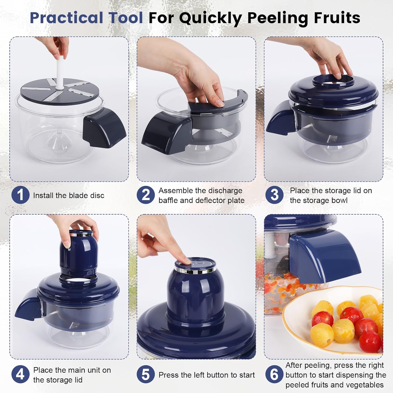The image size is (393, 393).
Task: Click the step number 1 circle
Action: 20,195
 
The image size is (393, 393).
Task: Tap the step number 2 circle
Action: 146,195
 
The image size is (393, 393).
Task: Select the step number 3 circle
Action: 274,195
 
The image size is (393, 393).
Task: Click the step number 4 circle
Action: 20,374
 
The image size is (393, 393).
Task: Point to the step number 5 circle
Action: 146,374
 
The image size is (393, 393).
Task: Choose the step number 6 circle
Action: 274,374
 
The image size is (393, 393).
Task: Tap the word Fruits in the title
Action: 337,18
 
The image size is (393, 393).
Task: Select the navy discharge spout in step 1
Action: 105,127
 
